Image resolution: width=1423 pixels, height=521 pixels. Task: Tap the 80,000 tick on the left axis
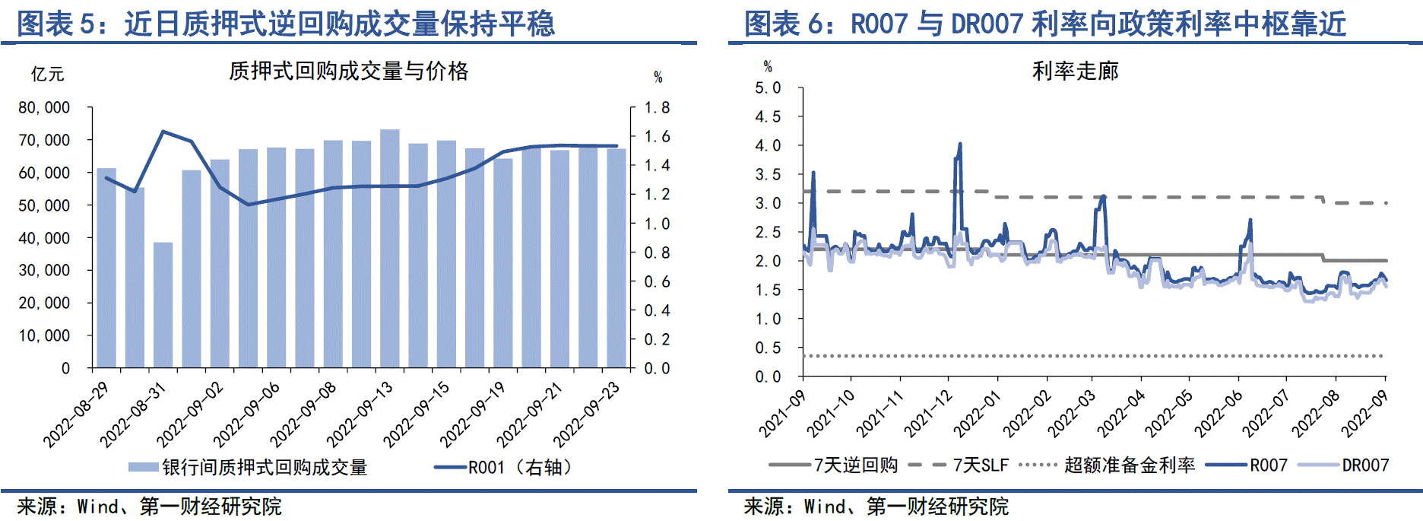pyautogui.click(x=44, y=108)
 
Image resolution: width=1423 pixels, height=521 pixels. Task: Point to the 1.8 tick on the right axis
pyautogui.click(x=657, y=108)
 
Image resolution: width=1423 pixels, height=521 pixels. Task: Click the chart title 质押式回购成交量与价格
pyautogui.click(x=348, y=71)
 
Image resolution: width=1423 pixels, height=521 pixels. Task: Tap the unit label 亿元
pyautogui.click(x=47, y=74)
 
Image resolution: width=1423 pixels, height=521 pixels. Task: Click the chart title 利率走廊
pyautogui.click(x=1075, y=71)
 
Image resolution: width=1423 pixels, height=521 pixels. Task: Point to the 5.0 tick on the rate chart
pyautogui.click(x=768, y=88)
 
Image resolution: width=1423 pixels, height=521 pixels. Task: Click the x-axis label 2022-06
pyautogui.click(x=1219, y=415)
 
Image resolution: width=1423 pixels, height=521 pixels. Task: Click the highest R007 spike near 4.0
pyautogui.click(x=960, y=144)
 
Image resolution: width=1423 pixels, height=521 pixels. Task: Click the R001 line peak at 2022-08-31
pyautogui.click(x=163, y=132)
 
